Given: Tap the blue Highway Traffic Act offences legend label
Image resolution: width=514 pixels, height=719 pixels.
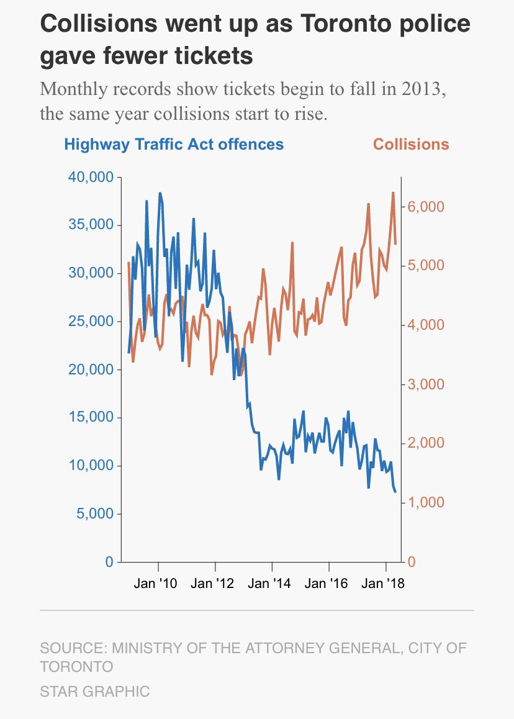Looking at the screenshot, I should click(174, 145).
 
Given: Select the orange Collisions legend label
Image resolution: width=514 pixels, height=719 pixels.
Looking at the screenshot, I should click(411, 145).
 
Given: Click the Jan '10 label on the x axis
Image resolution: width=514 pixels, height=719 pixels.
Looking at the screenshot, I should click(159, 584).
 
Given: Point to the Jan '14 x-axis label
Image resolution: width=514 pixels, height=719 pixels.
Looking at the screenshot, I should click(272, 584).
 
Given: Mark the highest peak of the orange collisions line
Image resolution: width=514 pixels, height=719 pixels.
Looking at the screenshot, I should click(393, 192).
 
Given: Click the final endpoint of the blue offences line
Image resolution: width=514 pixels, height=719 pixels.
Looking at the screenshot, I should click(395, 492).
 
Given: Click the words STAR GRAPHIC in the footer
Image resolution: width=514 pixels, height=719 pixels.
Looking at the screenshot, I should click(95, 691).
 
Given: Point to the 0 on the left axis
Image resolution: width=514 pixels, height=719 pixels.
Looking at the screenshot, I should click(109, 562).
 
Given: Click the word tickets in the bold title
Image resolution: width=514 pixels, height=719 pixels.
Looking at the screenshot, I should click(210, 56).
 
